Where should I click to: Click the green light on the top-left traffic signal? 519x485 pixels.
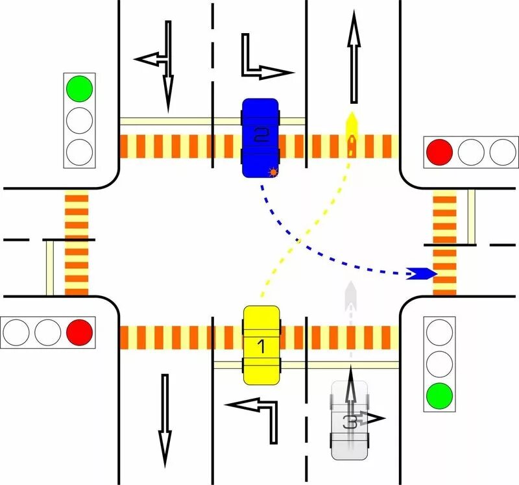[80, 88]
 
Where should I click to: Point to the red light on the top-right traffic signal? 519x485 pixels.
[439, 152]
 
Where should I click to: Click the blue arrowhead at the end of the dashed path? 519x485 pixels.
[422, 273]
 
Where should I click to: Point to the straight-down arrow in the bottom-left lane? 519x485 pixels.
[165, 422]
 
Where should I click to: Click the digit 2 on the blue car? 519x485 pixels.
[261, 136]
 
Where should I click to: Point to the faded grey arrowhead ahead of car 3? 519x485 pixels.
[351, 290]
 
